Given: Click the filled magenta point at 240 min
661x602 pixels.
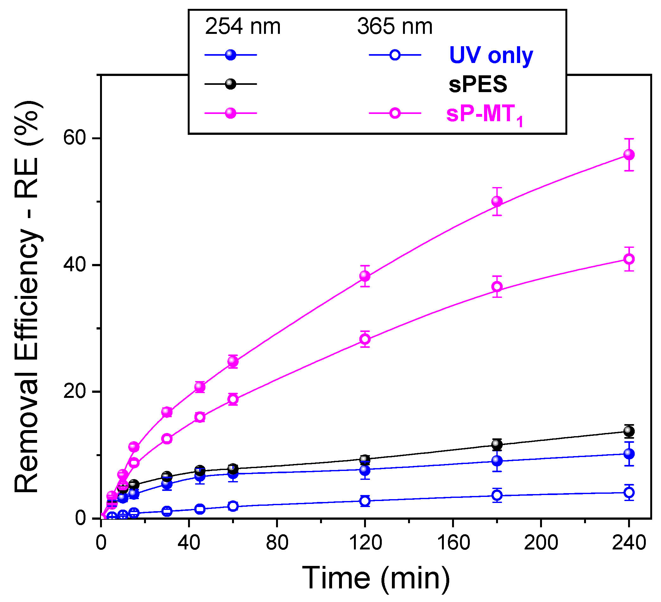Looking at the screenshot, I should point(628,154).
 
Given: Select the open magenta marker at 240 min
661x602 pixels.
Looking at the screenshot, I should point(628,259).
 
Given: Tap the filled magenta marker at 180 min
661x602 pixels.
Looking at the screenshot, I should point(497,201).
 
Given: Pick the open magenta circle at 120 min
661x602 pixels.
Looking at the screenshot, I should point(365,339).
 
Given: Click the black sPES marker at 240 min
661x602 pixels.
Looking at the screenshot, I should point(628,431).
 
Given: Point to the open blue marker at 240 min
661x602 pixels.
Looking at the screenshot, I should point(628,492).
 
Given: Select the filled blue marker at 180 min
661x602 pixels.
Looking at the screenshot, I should point(497,461).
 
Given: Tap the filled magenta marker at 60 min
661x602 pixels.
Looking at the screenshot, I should point(233,361).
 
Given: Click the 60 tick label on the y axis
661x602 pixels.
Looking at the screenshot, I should point(74,138).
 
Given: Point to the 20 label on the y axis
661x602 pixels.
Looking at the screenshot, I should point(74,392).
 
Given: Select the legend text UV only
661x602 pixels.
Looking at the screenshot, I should point(491,55).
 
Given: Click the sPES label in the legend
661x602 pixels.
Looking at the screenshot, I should point(478,84).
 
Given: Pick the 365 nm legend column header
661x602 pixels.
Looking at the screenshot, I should point(395,26).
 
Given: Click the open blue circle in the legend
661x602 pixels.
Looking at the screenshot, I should point(395,55).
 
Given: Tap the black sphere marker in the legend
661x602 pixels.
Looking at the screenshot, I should point(230,84).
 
